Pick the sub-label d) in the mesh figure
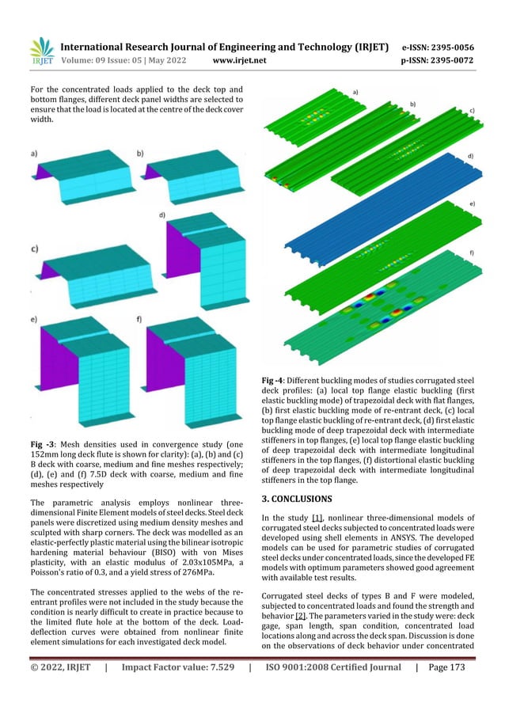point(162,215)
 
